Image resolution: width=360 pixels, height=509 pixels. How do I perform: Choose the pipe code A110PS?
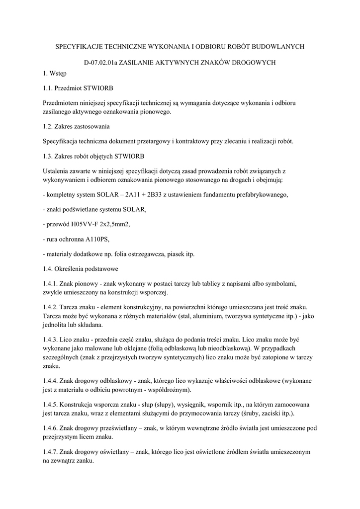(x=95, y=239)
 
